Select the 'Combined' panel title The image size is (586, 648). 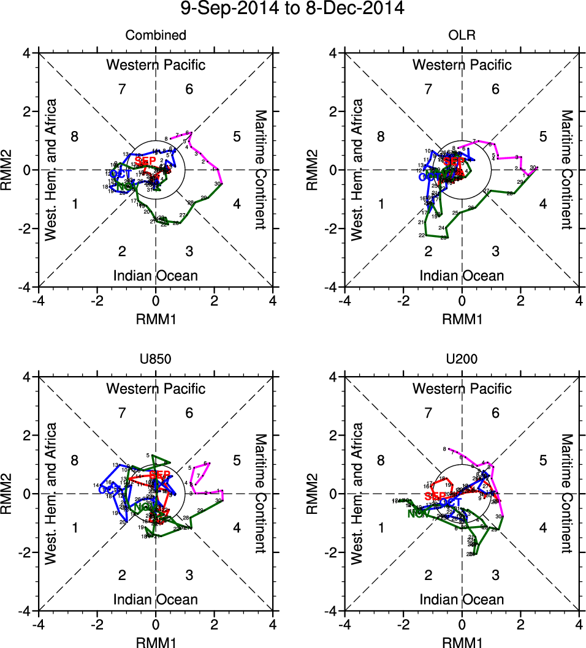coord(156,36)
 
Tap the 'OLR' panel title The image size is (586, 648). coord(462,36)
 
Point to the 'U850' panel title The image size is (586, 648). coord(156,360)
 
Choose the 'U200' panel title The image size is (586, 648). coord(462,360)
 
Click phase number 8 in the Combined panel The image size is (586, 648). coord(75,137)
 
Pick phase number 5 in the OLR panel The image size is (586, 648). coord(542,137)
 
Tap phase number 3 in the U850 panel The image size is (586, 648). coord(189,575)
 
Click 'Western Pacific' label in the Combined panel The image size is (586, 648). coord(156,65)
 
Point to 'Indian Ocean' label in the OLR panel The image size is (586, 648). coord(462,276)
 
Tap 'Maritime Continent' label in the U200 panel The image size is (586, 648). coord(566,494)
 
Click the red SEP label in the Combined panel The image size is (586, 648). coord(145,160)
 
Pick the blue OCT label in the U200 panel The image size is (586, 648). coord(451,503)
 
